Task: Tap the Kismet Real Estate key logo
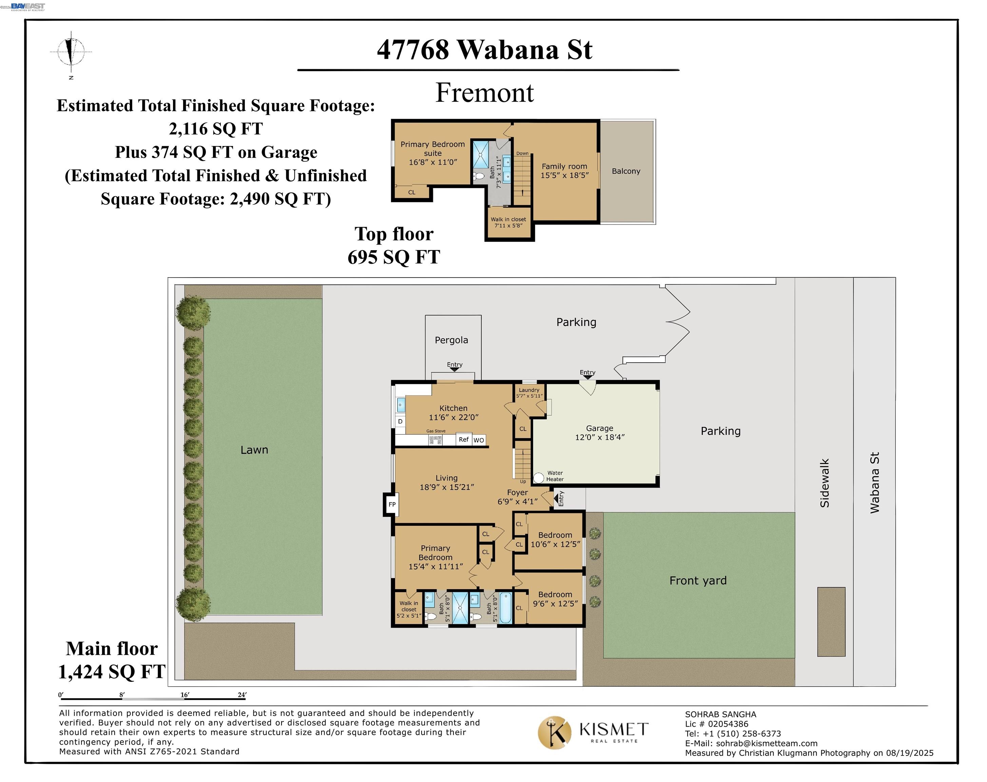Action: point(555,732)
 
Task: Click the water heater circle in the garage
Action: point(539,478)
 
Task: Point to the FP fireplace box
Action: point(392,505)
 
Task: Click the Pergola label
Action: point(451,340)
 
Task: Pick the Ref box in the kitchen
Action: point(464,440)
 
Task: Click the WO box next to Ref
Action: point(479,440)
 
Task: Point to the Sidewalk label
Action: point(825,483)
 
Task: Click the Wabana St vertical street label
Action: point(874,483)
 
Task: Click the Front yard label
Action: point(698,580)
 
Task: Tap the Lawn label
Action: point(254,450)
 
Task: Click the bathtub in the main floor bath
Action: point(505,608)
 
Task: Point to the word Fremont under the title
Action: point(485,93)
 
